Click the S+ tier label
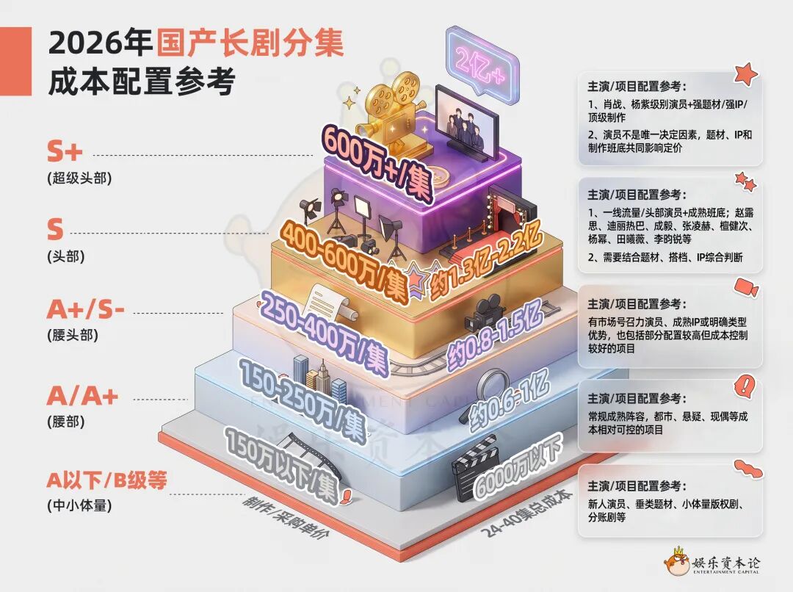click(64, 151)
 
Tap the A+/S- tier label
click(85, 309)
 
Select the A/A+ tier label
click(82, 396)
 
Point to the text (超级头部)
click(79, 178)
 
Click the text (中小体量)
click(79, 505)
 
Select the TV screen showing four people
click(466, 124)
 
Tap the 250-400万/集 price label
click(325, 332)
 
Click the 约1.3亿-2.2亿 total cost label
click(486, 261)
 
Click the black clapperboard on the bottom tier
click(473, 468)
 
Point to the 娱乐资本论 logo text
click(725, 562)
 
